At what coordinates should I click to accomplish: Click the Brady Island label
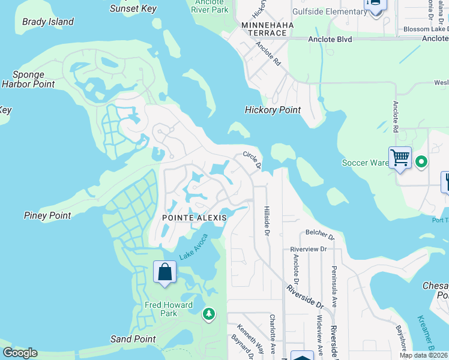tap(48, 22)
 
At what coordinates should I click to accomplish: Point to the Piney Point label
tap(47, 215)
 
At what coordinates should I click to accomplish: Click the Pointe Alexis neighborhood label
tap(193, 218)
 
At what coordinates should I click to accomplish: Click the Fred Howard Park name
tap(169, 309)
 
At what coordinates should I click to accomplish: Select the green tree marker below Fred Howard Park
tap(208, 313)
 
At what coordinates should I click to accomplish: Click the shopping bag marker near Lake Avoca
tap(164, 272)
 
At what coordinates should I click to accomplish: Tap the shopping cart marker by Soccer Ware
tap(400, 158)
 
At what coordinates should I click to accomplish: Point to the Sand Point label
tap(133, 339)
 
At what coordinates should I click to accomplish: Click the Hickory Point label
tap(273, 110)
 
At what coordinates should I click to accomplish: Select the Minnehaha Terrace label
tap(264, 29)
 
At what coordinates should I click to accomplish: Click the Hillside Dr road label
tap(266, 220)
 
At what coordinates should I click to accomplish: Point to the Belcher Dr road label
tap(319, 233)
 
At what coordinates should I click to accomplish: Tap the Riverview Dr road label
tap(307, 248)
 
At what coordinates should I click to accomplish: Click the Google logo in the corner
tap(20, 353)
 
